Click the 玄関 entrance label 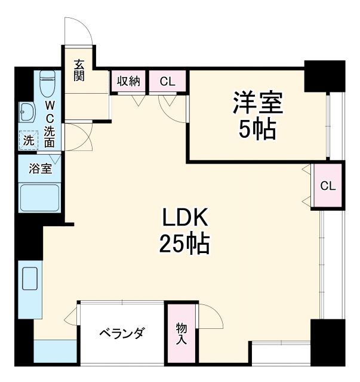(x=79, y=70)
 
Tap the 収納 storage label (x=128, y=81)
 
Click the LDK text (x=184, y=218)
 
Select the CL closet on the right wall (x=328, y=186)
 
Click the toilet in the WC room (x=48, y=83)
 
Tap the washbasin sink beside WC (x=27, y=112)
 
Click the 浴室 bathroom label (x=41, y=169)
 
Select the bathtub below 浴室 (x=39, y=198)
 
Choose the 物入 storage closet (x=181, y=334)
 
